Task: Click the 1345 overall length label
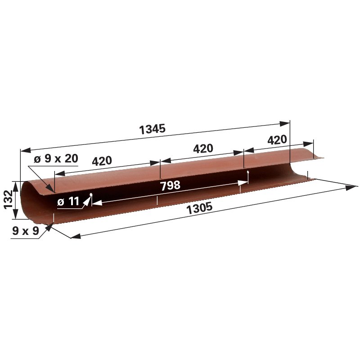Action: (153, 129)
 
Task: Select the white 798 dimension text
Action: (170, 185)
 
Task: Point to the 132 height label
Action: (7, 200)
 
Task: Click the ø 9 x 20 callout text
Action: (56, 159)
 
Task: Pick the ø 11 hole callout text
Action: (68, 202)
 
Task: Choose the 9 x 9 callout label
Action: (26, 231)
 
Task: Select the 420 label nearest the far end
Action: (277, 140)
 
